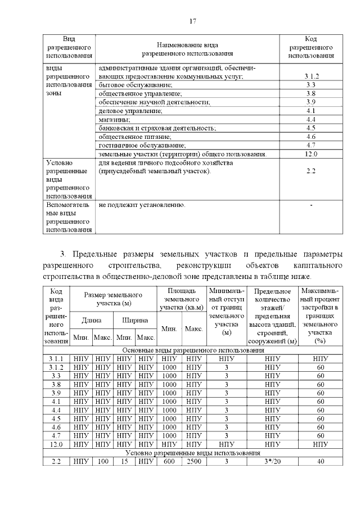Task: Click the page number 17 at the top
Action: click(x=192, y=21)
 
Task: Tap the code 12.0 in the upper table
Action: click(x=310, y=154)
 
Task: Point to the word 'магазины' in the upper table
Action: click(x=114, y=119)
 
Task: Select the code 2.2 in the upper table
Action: click(x=310, y=170)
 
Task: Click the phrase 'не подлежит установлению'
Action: click(x=141, y=206)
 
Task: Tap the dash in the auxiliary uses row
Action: click(x=310, y=206)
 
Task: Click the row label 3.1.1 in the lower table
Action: click(x=56, y=358)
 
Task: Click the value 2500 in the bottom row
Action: click(x=194, y=461)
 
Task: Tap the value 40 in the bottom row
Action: click(x=321, y=461)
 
